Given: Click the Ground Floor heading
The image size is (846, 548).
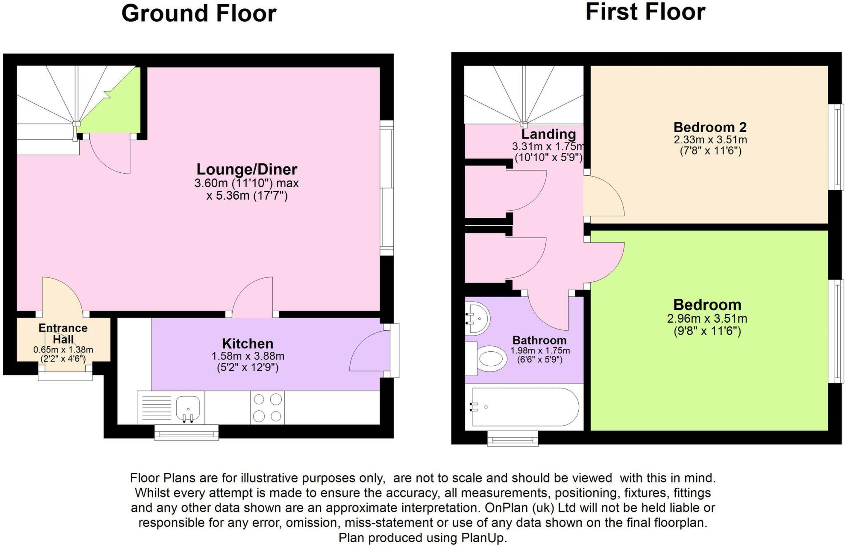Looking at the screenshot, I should click(x=199, y=13).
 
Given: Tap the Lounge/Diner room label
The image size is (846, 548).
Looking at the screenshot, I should click(x=247, y=169).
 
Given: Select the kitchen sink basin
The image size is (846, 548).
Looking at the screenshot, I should click(x=188, y=407).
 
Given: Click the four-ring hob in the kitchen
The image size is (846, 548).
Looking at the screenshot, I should click(x=267, y=407).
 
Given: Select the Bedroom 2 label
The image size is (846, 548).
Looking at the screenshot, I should click(x=710, y=127).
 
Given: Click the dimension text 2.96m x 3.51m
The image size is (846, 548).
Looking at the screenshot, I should click(x=707, y=319).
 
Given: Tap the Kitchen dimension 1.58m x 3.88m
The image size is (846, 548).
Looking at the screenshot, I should click(x=248, y=356).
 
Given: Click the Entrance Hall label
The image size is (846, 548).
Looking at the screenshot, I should click(x=63, y=334).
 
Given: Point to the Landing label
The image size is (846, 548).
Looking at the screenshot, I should click(x=548, y=134).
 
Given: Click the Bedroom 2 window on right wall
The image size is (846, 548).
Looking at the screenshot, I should click(x=836, y=147).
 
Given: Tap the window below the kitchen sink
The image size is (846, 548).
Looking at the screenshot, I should click(x=186, y=433).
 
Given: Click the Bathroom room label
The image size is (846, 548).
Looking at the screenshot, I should click(x=539, y=340).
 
